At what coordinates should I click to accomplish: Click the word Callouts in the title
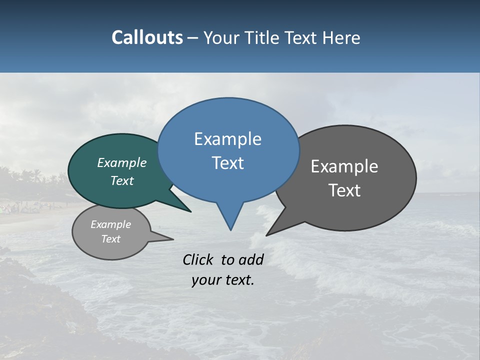pos(147,37)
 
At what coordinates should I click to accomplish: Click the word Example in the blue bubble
pos(227,139)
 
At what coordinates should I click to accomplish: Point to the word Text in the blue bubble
pos(227,163)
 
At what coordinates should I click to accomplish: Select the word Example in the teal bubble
pos(121,162)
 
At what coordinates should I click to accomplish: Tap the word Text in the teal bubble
pos(121,181)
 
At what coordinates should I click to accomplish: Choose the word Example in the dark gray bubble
pos(344,166)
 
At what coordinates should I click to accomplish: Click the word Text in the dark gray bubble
pos(344,190)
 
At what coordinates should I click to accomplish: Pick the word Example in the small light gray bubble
pos(110,224)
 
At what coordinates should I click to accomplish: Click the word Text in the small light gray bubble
pos(110,239)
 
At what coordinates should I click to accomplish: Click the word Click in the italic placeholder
pos(198,259)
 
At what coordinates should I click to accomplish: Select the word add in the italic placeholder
pos(250,259)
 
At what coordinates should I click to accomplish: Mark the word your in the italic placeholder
pos(205,280)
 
